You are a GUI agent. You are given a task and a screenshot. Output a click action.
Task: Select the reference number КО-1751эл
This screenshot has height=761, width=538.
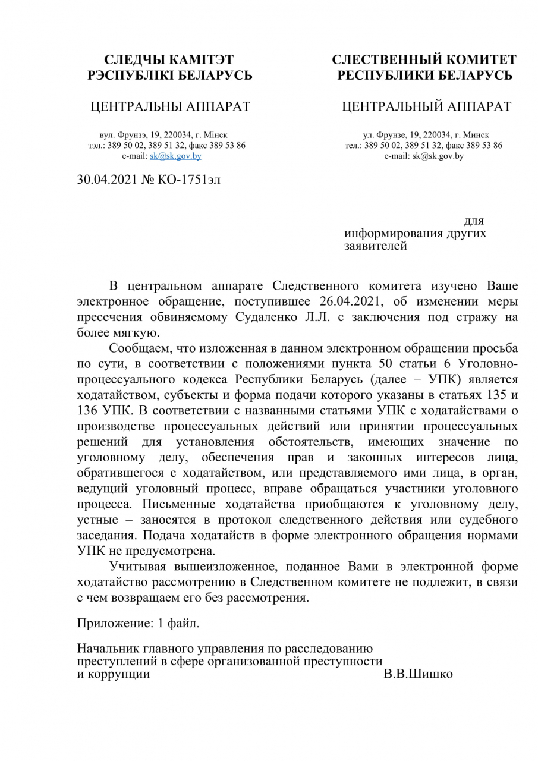(188, 179)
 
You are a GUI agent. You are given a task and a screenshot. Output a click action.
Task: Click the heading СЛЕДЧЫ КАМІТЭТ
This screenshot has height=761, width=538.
(169, 60)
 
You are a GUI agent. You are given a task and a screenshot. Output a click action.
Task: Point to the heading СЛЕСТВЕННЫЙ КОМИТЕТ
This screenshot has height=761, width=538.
(424, 60)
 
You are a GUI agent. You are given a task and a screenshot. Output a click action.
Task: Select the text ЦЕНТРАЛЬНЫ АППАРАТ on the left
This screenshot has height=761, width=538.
(169, 107)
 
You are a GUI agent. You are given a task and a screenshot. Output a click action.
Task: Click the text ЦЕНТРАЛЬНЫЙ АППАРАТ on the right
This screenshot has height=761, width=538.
(426, 107)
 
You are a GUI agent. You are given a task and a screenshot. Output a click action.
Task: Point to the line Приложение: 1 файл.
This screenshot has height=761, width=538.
(139, 624)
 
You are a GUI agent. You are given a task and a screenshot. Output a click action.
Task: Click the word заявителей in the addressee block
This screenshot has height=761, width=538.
(376, 246)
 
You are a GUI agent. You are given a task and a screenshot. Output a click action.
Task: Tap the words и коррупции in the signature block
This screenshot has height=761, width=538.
(114, 675)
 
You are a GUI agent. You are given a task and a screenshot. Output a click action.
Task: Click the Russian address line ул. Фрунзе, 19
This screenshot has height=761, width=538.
(426, 136)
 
